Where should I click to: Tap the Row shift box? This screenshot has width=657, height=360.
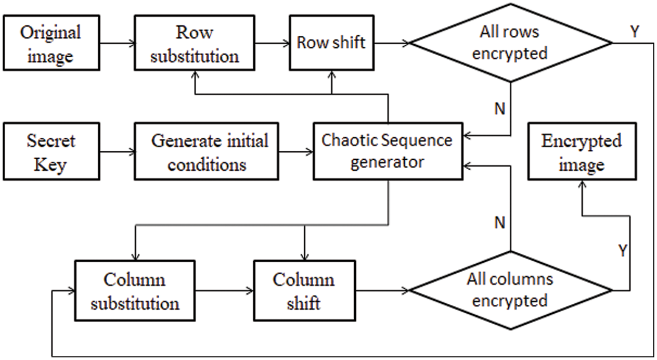331,43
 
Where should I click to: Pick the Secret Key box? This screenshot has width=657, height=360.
51,152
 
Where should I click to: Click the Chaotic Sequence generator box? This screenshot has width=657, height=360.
387,151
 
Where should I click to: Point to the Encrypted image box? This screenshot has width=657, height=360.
581,152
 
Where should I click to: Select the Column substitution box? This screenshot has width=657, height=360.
135,291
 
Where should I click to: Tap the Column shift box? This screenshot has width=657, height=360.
304,291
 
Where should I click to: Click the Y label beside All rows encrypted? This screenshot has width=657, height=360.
634,32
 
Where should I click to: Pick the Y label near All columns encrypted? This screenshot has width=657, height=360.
622,251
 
